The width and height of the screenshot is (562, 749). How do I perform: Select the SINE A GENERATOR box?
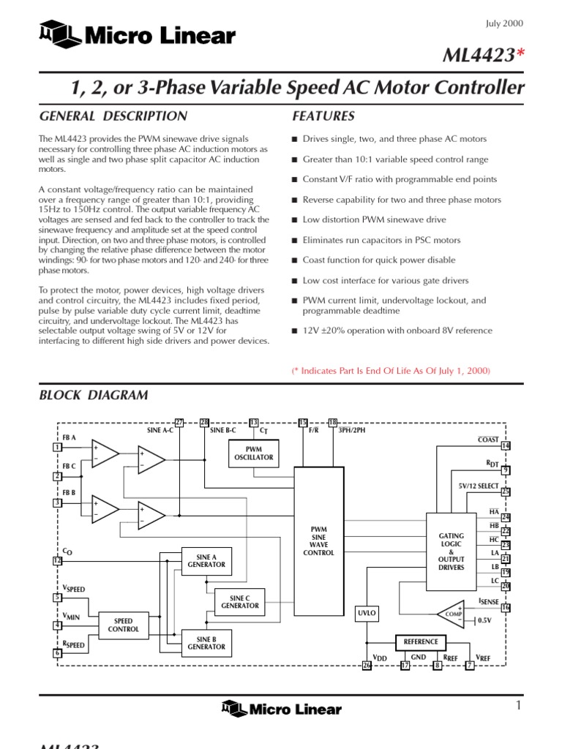point(201,562)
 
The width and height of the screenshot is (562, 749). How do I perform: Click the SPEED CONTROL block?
point(123,625)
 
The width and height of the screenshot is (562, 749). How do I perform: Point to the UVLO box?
point(367,613)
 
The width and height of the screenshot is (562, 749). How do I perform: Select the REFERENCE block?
point(421,641)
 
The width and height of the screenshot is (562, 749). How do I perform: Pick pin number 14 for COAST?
point(506,446)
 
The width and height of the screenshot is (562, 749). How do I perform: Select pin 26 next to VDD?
point(367,666)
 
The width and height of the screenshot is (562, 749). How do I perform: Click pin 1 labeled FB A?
point(57,447)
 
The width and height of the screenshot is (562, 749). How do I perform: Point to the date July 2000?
point(505,23)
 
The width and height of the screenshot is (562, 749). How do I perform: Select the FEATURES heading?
point(323,116)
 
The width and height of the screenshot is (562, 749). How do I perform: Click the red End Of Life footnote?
point(391,372)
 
